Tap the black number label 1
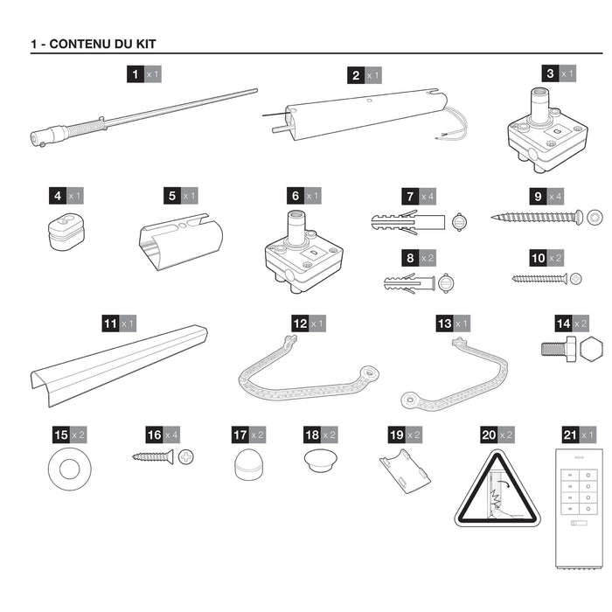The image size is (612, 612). [x=135, y=75]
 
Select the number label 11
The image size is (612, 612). [x=110, y=323]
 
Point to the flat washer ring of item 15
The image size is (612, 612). [x=70, y=469]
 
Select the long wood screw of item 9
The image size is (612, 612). [x=536, y=217]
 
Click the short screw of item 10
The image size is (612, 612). [x=539, y=279]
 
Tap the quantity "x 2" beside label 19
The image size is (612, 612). [x=414, y=435]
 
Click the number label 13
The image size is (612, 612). [x=444, y=323]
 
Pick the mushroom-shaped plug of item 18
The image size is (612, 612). [x=319, y=458]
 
